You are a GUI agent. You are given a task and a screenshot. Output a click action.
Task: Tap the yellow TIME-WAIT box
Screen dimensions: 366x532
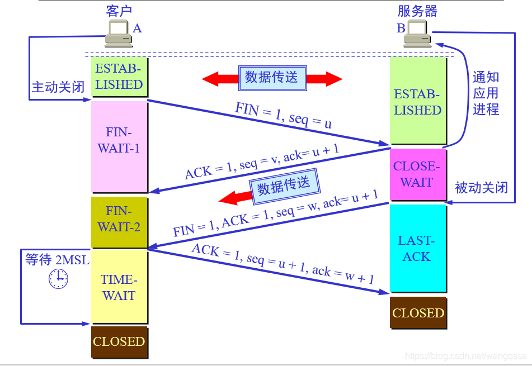(119, 287)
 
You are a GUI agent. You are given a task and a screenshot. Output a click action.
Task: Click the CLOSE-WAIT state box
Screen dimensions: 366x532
(417, 174)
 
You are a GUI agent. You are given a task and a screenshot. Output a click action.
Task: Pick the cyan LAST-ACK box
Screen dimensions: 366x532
(417, 248)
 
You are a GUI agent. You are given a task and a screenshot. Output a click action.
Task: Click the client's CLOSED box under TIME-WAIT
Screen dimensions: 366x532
(119, 341)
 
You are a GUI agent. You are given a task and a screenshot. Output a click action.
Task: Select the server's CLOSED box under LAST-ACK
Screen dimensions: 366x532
(418, 313)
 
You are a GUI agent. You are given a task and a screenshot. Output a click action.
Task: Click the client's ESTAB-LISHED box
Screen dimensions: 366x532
(119, 77)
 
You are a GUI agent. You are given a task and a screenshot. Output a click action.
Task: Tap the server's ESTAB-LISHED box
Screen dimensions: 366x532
(417, 102)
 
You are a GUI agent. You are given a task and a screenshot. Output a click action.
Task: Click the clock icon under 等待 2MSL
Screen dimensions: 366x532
(58, 278)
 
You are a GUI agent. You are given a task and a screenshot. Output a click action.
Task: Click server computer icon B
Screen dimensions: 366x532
(417, 35)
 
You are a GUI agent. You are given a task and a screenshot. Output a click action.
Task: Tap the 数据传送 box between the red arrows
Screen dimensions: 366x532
(272, 78)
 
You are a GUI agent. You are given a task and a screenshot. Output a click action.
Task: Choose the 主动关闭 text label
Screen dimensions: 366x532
(58, 87)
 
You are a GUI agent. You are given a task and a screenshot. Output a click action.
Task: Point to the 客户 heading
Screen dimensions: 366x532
(119, 11)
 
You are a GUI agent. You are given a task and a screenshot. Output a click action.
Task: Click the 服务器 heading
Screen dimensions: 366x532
(417, 11)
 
